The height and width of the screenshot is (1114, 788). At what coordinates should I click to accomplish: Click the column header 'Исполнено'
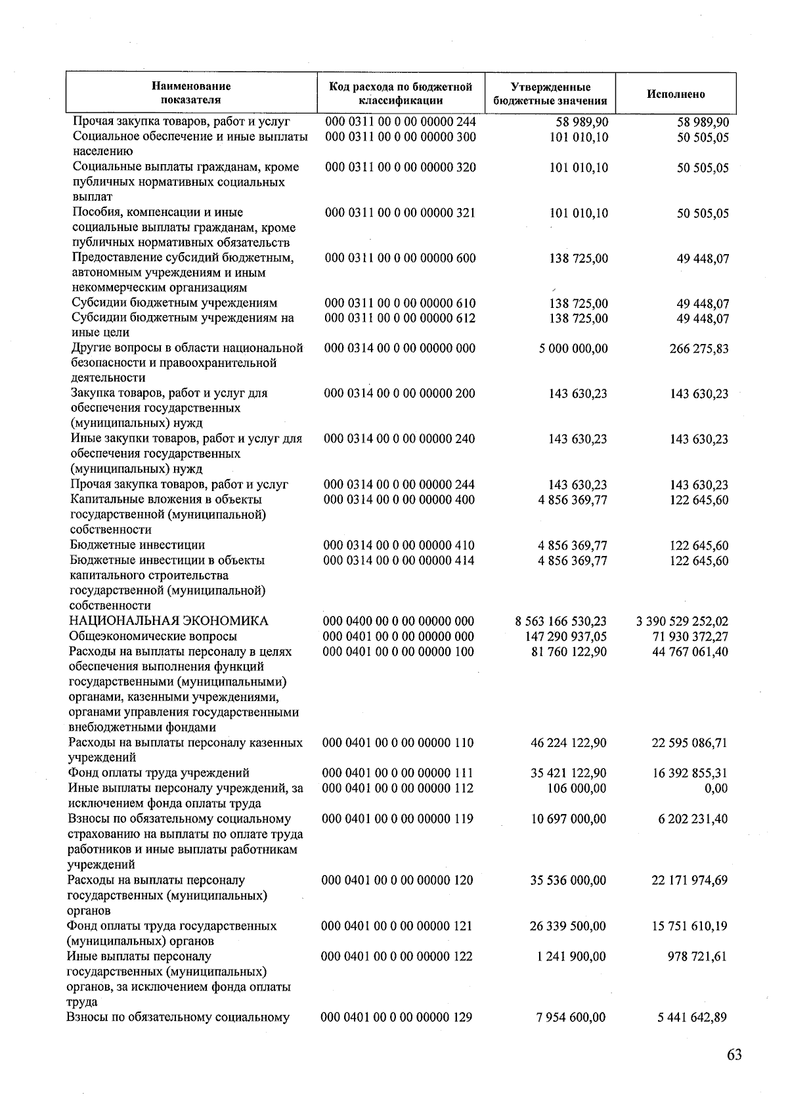(x=676, y=94)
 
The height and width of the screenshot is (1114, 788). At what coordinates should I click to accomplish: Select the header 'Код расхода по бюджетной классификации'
(x=401, y=94)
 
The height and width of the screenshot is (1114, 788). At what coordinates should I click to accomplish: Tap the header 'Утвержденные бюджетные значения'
(x=550, y=94)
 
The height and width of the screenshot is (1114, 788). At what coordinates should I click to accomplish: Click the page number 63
(x=734, y=1055)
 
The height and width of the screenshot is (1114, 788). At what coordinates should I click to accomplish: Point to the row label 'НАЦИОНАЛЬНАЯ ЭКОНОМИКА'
(x=169, y=621)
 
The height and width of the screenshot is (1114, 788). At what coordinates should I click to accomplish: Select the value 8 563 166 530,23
(x=561, y=621)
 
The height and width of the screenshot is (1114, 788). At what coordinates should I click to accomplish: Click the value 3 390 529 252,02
(x=682, y=621)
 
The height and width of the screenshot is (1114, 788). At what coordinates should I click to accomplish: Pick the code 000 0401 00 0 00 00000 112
(x=397, y=788)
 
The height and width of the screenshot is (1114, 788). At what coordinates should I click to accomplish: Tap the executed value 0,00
(x=716, y=788)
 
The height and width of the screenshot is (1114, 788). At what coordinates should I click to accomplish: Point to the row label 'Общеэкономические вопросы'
(x=153, y=636)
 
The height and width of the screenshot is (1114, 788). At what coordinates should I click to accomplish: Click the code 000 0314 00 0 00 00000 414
(x=399, y=561)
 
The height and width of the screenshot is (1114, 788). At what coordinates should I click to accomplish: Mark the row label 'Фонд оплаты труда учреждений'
(x=159, y=773)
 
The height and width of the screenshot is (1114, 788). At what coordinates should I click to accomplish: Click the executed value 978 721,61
(x=698, y=956)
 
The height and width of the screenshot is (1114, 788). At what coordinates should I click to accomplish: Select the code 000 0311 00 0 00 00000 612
(x=400, y=318)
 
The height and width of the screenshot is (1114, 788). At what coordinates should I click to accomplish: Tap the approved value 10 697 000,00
(x=569, y=819)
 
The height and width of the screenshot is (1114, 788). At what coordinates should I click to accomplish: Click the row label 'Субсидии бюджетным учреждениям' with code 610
(x=175, y=303)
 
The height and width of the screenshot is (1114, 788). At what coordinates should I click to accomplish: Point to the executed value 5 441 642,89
(x=693, y=1018)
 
